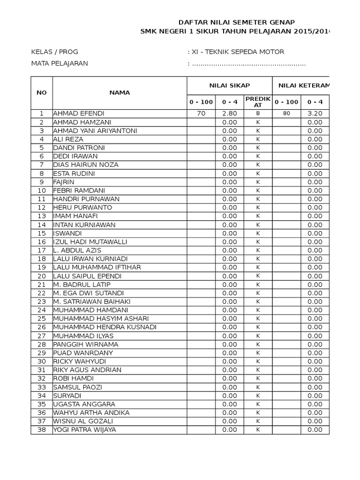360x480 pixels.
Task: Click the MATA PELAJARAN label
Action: pyautogui.click(x=60, y=63)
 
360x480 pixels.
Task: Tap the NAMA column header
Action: pyautogui.click(x=120, y=92)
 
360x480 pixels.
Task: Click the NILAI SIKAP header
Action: pyautogui.click(x=229, y=85)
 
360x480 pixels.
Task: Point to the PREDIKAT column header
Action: pyautogui.click(x=258, y=102)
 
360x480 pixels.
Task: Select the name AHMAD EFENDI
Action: pyautogui.click(x=79, y=113)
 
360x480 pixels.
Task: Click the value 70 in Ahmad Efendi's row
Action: pyautogui.click(x=201, y=113)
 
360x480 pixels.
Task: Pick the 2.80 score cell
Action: pyautogui.click(x=230, y=113)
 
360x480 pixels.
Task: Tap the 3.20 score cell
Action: pyautogui.click(x=315, y=113)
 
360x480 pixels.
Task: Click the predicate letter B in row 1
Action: pyautogui.click(x=258, y=113)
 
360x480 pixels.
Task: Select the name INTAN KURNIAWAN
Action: pyautogui.click(x=84, y=225)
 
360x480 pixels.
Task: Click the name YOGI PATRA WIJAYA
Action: pyautogui.click(x=85, y=429)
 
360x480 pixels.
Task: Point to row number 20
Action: pyautogui.click(x=42, y=276)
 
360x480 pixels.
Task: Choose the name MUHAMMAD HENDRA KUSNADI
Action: pyautogui.click(x=105, y=327)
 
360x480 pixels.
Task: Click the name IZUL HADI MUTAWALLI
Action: pyautogui.click(x=90, y=241)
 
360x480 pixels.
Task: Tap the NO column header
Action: pyautogui.click(x=42, y=92)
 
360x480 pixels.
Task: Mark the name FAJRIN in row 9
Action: pyautogui.click(x=64, y=182)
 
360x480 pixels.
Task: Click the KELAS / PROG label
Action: pyautogui.click(x=54, y=52)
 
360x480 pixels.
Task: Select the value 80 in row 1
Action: pyautogui.click(x=286, y=113)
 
